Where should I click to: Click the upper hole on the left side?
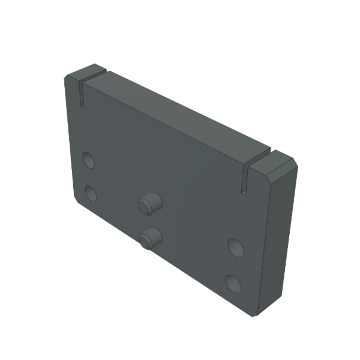(x=89, y=160)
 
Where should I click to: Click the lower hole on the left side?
(x=91, y=193)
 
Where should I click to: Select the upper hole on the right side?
(x=235, y=247)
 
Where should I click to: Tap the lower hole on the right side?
(x=233, y=283)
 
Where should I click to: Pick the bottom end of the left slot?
(x=81, y=106)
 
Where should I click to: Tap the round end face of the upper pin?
(x=145, y=207)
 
